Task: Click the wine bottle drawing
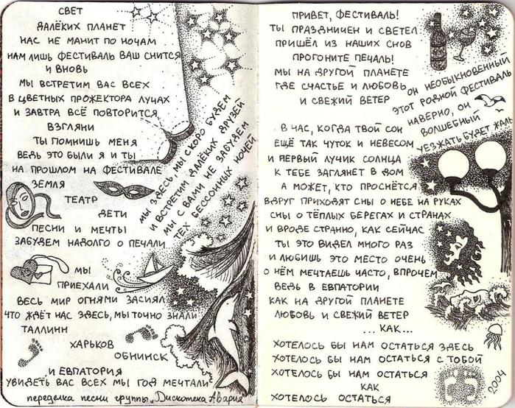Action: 438,43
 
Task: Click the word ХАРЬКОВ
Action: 91,343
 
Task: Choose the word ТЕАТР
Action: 80,198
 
